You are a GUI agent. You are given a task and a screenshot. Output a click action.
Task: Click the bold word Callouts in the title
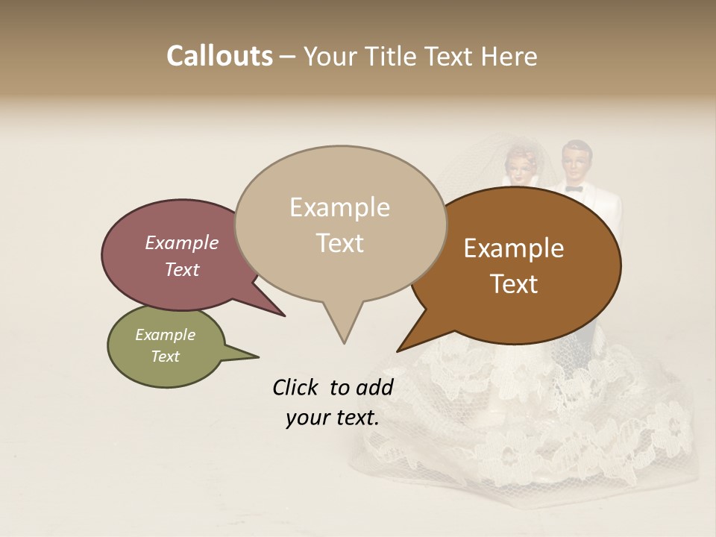219,56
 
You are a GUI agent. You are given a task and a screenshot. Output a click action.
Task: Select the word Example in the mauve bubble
182,242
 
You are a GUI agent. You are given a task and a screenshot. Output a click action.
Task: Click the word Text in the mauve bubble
182,269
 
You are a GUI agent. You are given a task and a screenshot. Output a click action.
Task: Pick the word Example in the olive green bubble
165,335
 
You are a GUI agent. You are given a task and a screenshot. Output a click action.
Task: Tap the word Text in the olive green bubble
165,357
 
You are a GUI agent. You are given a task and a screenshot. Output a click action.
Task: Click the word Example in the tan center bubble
339,207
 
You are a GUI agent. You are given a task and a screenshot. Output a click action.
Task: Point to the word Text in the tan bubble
339,243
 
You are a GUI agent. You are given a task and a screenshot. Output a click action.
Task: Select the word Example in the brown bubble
514,248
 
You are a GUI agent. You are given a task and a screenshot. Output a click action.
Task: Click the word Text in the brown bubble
514,284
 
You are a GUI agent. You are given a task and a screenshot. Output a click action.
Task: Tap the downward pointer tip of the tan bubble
344,342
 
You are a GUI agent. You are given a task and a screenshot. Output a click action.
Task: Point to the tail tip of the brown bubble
398,351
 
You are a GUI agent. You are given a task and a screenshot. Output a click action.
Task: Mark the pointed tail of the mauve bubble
283,315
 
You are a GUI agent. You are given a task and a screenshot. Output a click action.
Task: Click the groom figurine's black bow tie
573,189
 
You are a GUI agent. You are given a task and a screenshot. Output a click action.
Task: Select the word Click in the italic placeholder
298,387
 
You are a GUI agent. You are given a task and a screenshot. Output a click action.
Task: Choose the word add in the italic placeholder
374,387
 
